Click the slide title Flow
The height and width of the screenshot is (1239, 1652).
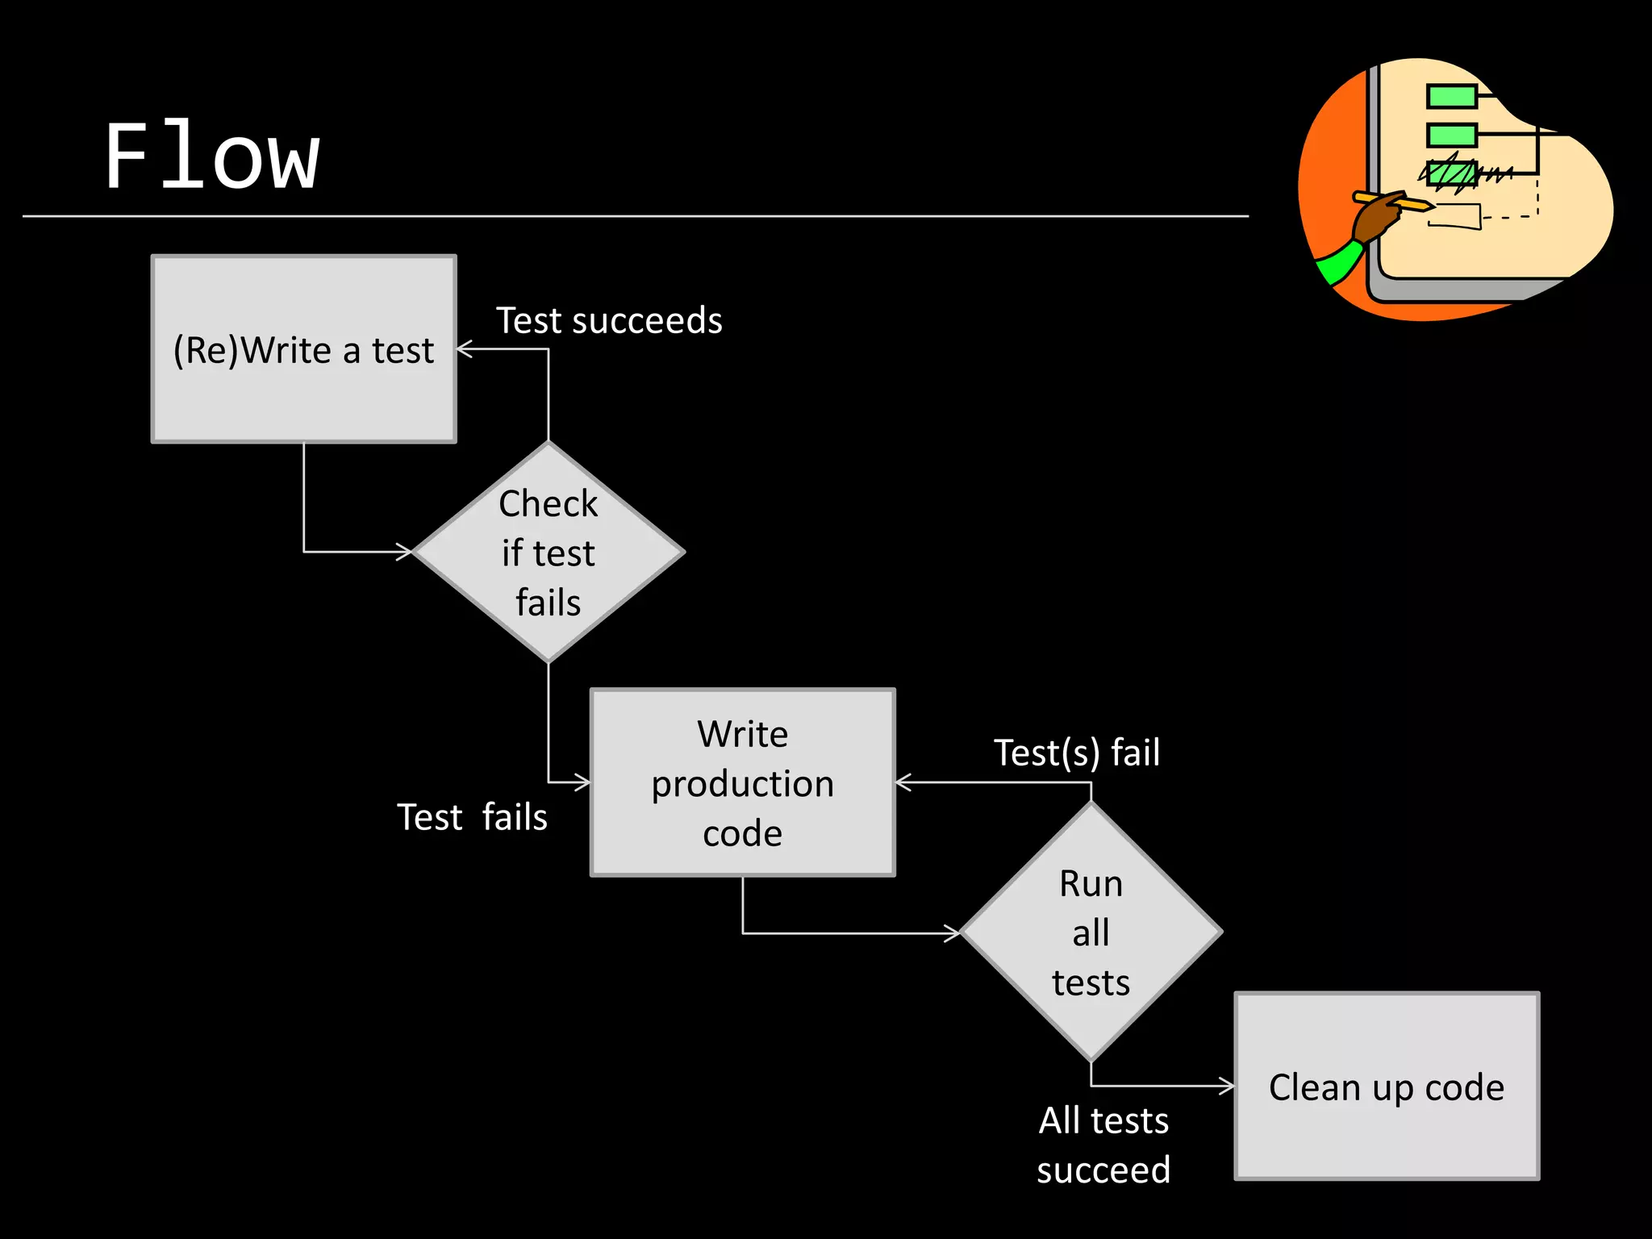tap(212, 156)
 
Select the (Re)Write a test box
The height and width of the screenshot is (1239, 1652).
tap(303, 348)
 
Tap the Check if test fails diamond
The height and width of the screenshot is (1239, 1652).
tap(549, 553)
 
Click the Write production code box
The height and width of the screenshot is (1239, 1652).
tap(742, 782)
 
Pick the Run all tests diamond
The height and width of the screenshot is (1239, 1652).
tap(1091, 932)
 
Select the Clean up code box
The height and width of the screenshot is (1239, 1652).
tap(1387, 1087)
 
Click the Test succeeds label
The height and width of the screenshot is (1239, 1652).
tap(609, 321)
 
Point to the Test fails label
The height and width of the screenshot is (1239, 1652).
tap(472, 817)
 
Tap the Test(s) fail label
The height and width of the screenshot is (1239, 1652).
tap(1076, 753)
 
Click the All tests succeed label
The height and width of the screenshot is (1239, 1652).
tap(1103, 1145)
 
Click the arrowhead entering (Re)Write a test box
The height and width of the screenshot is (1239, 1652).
tap(465, 349)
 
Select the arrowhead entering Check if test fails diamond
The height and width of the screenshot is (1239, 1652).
tap(404, 552)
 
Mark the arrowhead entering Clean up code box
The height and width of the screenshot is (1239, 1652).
tap(1227, 1086)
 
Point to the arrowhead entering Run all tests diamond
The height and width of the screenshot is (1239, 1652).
tap(953, 933)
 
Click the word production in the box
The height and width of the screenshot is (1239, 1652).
tap(742, 784)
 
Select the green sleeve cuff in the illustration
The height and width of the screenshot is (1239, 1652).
tap(1338, 263)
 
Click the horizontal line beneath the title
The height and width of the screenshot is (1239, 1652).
tap(636, 216)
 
